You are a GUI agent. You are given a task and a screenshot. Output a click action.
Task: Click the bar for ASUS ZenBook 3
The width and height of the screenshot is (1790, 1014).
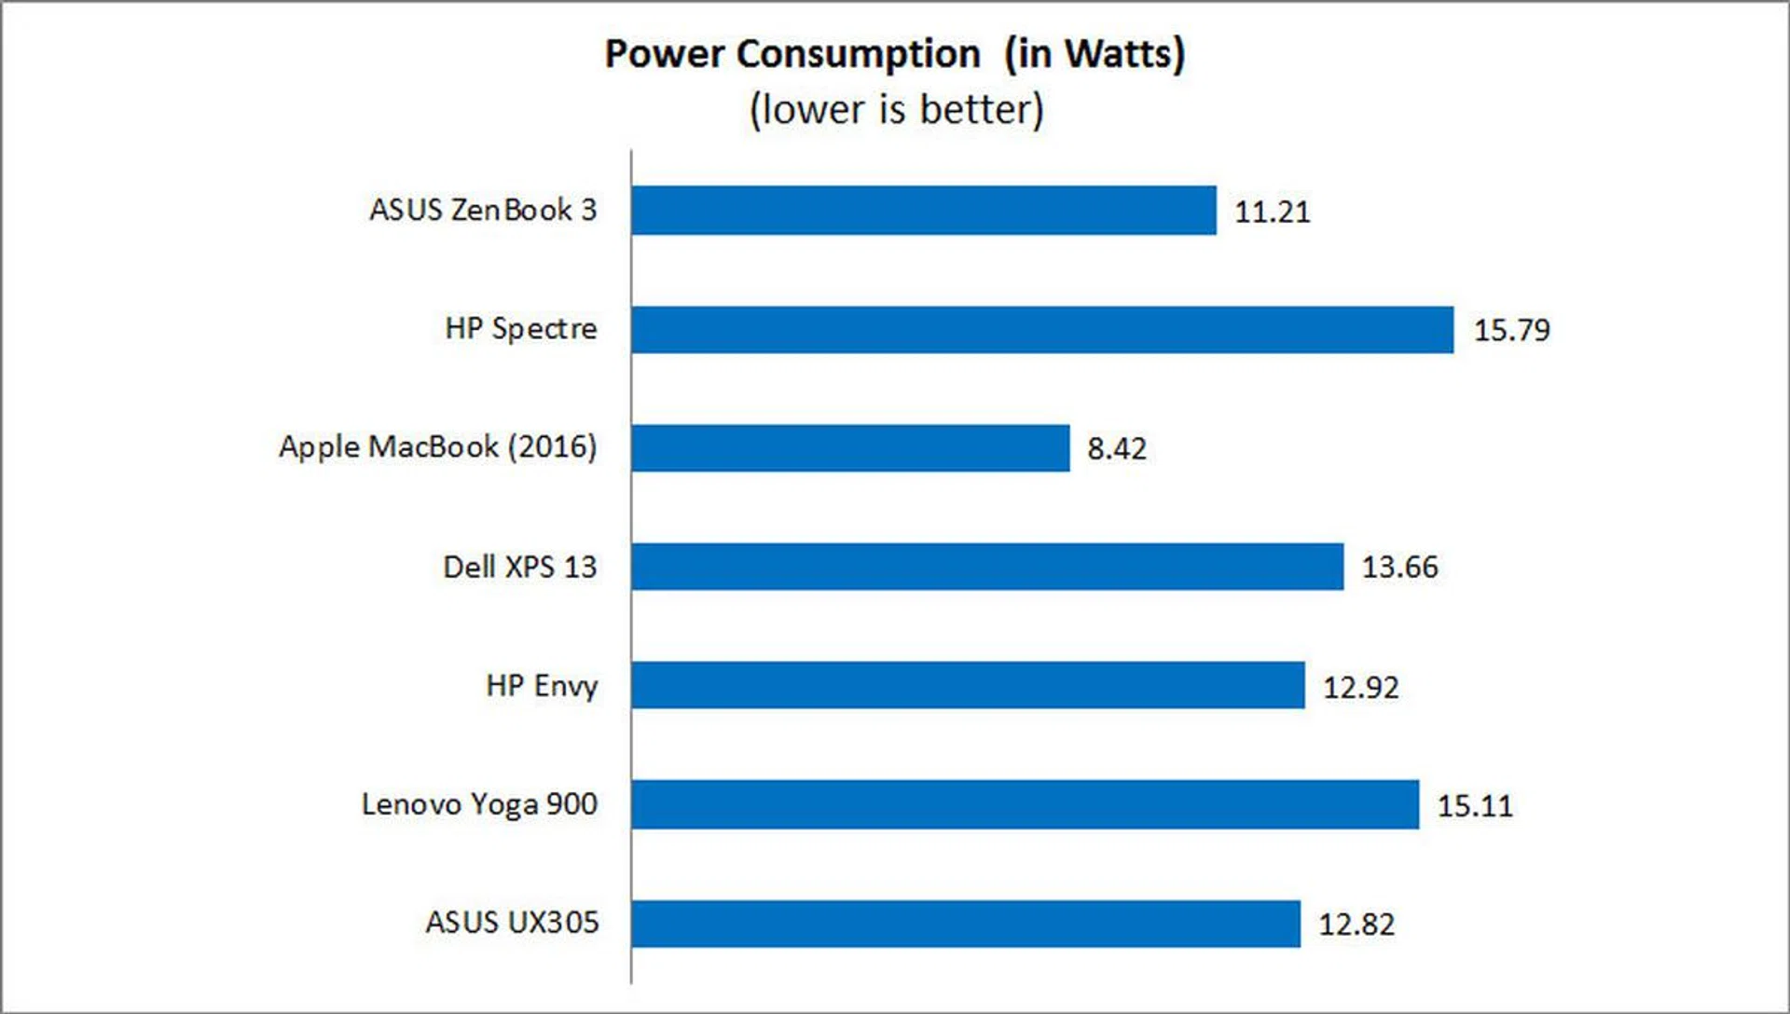(923, 210)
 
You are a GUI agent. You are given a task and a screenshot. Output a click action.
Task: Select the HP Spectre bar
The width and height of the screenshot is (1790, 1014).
(1041, 329)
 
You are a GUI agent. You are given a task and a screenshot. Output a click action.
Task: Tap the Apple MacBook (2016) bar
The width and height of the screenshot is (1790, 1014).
(849, 448)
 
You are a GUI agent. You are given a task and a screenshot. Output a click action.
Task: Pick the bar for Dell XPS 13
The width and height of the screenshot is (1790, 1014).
(986, 567)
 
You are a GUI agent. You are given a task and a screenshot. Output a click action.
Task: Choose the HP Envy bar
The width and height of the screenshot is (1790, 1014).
(967, 685)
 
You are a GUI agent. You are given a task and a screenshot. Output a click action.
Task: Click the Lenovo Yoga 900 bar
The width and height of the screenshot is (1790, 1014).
(1024, 804)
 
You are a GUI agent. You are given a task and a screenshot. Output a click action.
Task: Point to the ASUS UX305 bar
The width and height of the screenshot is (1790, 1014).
(965, 924)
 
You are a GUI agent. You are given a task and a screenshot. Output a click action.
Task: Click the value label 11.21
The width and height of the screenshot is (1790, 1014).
(1272, 212)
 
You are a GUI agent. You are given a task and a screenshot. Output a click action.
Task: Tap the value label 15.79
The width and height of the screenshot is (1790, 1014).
(1511, 330)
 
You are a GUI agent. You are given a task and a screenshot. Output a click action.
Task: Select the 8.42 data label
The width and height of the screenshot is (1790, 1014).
(1116, 449)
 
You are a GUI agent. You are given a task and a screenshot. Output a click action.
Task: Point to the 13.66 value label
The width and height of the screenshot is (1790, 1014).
(1399, 567)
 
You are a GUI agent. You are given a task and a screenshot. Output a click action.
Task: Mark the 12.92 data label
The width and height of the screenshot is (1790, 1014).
(1360, 688)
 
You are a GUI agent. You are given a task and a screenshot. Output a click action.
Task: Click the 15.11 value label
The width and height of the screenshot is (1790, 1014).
(1474, 805)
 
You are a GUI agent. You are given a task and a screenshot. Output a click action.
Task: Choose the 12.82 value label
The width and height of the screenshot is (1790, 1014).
(1356, 925)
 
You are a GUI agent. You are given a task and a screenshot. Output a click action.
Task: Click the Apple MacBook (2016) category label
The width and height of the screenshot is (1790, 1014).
(437, 447)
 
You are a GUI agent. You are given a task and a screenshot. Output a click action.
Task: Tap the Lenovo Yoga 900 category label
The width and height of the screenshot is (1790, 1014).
(479, 804)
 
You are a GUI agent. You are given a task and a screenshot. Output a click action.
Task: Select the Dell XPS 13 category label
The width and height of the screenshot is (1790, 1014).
(519, 567)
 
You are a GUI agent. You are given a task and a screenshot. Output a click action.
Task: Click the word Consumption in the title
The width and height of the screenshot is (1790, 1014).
(858, 54)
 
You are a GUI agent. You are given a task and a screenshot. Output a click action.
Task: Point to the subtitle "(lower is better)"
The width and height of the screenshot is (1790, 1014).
(896, 109)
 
